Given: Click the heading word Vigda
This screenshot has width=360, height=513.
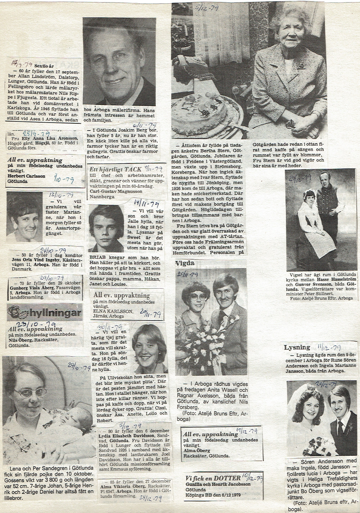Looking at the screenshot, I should (x=185, y=264).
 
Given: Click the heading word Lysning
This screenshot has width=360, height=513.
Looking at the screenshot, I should (x=297, y=347).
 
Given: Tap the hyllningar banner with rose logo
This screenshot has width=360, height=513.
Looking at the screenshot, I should (x=45, y=313).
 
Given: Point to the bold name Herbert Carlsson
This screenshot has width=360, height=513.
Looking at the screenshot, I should (x=25, y=177).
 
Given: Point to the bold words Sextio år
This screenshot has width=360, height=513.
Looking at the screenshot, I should (x=44, y=66).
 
